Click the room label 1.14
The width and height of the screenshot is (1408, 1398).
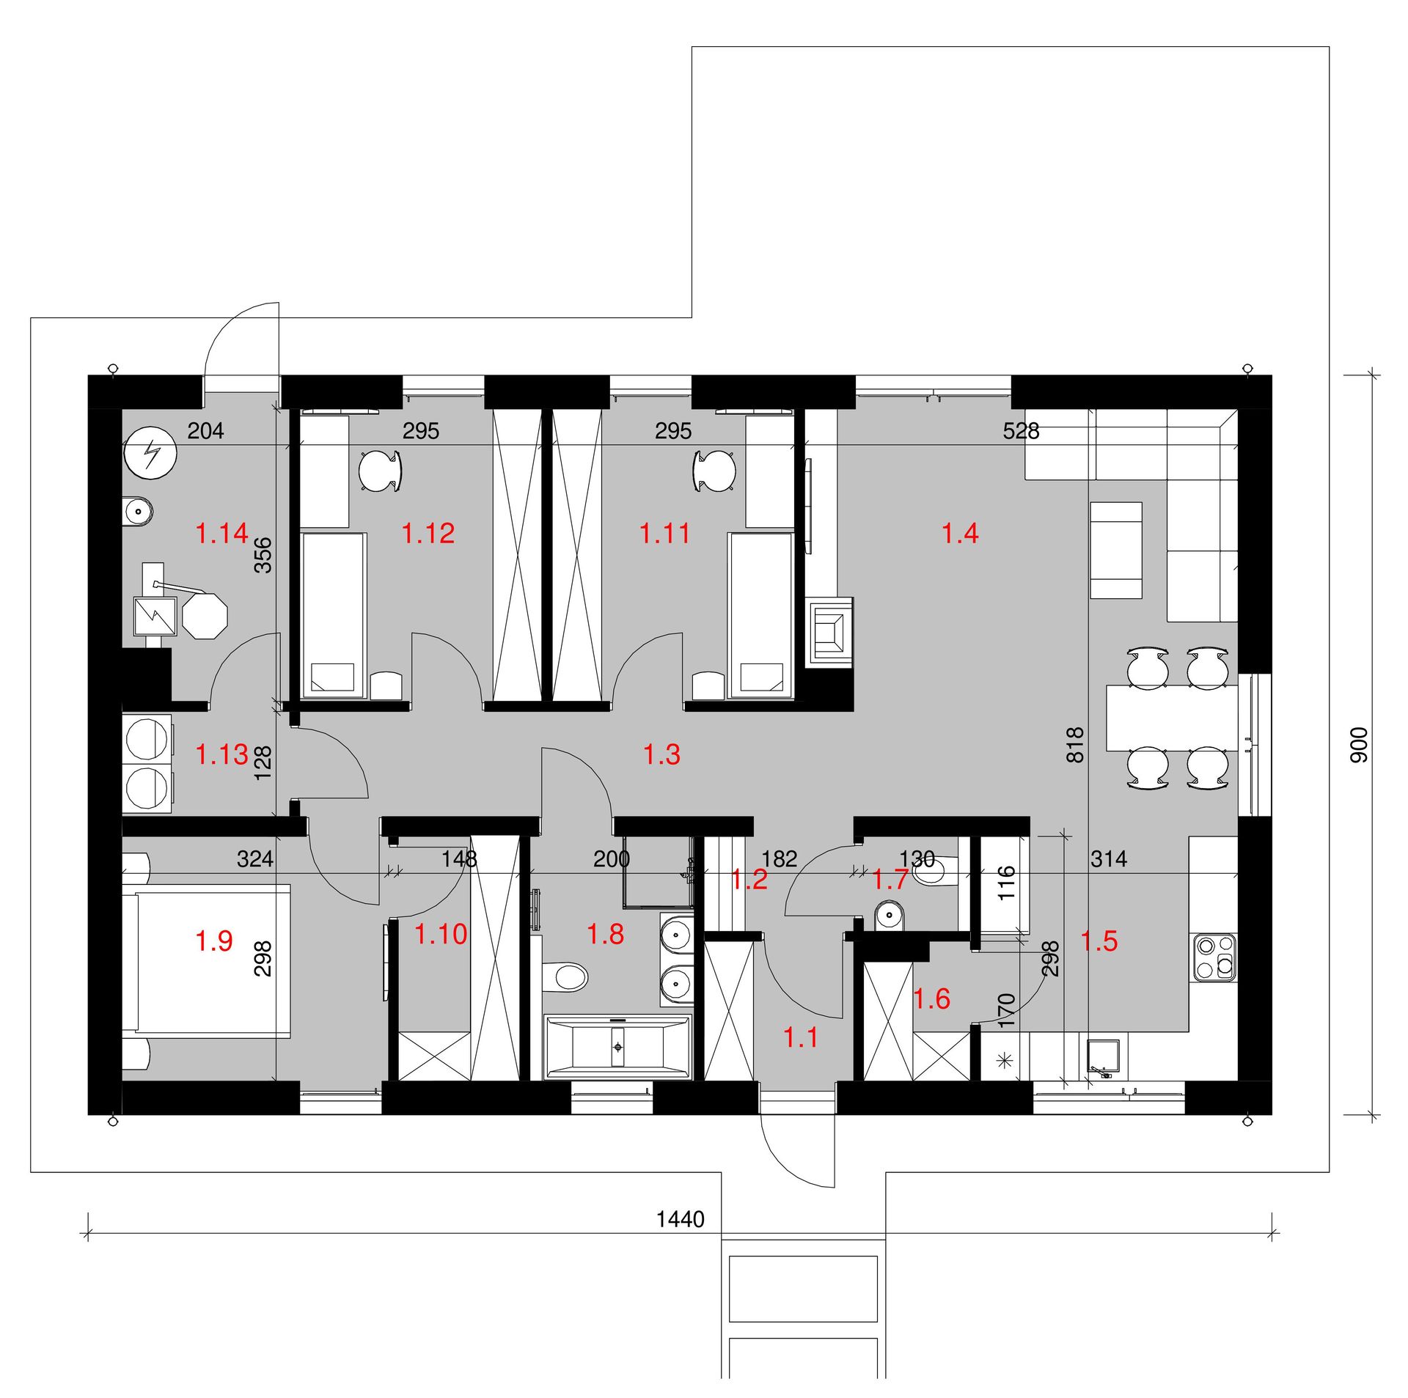222,533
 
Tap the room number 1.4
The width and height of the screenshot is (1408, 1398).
960,533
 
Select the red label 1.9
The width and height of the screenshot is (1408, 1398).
214,941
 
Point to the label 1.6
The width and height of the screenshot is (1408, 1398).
932,998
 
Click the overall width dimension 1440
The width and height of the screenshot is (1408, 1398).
681,1219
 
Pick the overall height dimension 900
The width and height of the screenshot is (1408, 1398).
1359,744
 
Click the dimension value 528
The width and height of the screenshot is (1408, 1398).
1021,430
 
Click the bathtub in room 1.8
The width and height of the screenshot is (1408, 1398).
617,1046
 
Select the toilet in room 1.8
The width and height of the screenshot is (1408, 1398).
566,976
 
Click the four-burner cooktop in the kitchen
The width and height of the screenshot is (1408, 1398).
1215,957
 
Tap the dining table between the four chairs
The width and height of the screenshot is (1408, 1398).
1171,718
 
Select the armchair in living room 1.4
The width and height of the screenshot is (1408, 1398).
1116,551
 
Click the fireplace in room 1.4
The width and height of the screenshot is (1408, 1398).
830,631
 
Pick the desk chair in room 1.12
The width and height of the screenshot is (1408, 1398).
381,470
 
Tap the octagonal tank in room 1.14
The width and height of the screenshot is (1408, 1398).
205,617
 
